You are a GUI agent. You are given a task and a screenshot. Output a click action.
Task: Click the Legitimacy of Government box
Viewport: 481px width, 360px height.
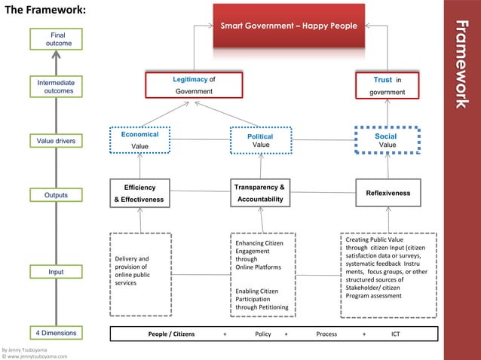click(195, 85)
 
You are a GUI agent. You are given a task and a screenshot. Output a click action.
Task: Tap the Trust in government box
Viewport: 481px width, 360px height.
click(388, 85)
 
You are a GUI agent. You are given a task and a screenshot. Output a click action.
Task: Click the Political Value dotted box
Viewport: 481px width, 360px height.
click(261, 141)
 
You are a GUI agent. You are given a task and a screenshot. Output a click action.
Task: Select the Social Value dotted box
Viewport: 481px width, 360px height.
click(387, 141)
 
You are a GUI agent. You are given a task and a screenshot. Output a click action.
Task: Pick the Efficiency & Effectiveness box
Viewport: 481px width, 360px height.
click(139, 194)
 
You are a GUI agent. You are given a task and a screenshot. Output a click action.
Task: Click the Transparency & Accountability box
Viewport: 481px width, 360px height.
click(260, 193)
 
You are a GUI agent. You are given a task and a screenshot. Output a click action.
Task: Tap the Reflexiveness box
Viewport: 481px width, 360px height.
click(388, 194)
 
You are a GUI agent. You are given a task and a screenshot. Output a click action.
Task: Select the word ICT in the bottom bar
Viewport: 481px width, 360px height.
click(396, 333)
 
